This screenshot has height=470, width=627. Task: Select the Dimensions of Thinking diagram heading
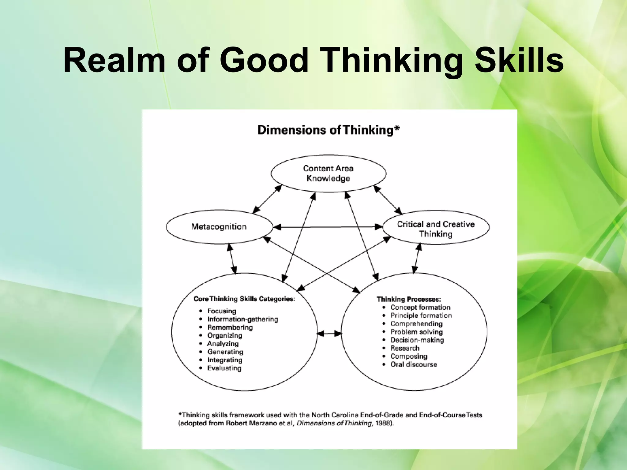pos(329,130)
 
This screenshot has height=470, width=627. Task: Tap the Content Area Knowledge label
pos(328,173)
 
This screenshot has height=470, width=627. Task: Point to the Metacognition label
pos(219,227)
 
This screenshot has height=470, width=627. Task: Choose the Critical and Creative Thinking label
pos(436,229)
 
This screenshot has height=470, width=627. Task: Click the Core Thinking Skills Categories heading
pos(244,299)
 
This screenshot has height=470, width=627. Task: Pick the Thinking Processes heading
pos(409,299)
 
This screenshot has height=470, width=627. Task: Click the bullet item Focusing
pos(222,311)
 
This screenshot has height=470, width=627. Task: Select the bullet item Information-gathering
pos(243,319)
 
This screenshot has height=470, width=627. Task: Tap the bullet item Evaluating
pos(224,368)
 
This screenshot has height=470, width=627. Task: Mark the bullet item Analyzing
pos(223,344)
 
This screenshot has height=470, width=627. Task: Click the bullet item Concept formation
pos(420,308)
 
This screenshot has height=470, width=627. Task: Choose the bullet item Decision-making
pos(417,340)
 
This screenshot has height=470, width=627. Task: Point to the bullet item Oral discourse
pos(414,365)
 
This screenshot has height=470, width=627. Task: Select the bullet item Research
pos(405,348)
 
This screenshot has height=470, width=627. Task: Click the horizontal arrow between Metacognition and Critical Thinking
pos(328,227)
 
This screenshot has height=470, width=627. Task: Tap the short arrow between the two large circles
pos(329,334)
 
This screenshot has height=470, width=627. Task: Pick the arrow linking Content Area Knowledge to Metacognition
pos(267,199)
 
